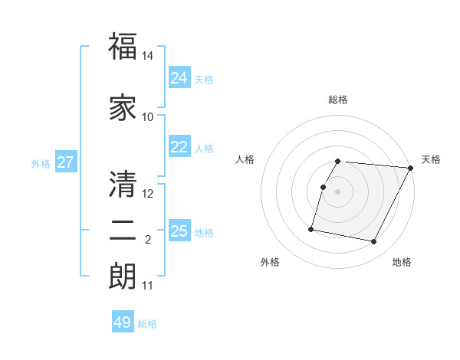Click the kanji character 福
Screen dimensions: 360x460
coord(123,47)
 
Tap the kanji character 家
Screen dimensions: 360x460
coord(123,108)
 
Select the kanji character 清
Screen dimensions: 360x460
coord(123,184)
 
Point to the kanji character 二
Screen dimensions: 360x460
coord(123,231)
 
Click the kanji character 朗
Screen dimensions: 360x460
coord(123,276)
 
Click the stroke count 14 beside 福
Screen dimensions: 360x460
coord(148,56)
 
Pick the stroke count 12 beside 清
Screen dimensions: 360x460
coord(148,193)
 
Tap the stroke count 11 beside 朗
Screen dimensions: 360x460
coord(148,286)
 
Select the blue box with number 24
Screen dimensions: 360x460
coord(179,78)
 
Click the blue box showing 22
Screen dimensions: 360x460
coord(179,147)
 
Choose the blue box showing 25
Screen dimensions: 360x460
coord(179,231)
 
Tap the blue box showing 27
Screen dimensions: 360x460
coord(66,162)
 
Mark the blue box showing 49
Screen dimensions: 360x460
coord(123,322)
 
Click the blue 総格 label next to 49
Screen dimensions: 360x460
coord(148,324)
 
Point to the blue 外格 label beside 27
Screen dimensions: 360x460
coord(41,164)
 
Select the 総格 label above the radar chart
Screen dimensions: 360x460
coord(338,100)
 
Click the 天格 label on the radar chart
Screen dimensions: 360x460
coord(431,159)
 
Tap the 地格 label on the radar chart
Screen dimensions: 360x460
coord(402,262)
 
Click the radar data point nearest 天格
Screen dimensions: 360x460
coord(410,168)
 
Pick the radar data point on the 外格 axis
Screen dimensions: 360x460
coord(311,228)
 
